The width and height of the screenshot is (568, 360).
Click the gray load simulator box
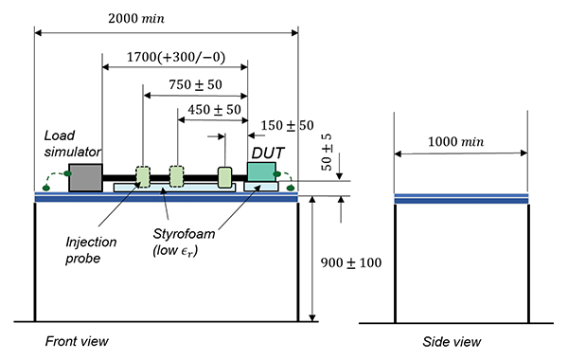click(x=85, y=177)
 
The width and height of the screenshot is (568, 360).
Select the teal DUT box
click(x=261, y=171)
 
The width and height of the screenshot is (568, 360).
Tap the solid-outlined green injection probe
click(x=224, y=177)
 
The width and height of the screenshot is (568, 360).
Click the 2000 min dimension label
click(x=136, y=19)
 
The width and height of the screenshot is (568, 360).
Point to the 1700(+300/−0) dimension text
click(x=176, y=57)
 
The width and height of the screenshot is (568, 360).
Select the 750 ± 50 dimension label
click(x=195, y=85)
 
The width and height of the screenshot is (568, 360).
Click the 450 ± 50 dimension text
click(x=214, y=110)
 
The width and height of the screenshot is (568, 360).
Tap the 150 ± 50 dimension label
click(x=287, y=125)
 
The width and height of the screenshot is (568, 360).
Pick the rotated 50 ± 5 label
click(x=327, y=153)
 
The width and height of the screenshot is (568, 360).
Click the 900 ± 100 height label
click(x=351, y=262)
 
